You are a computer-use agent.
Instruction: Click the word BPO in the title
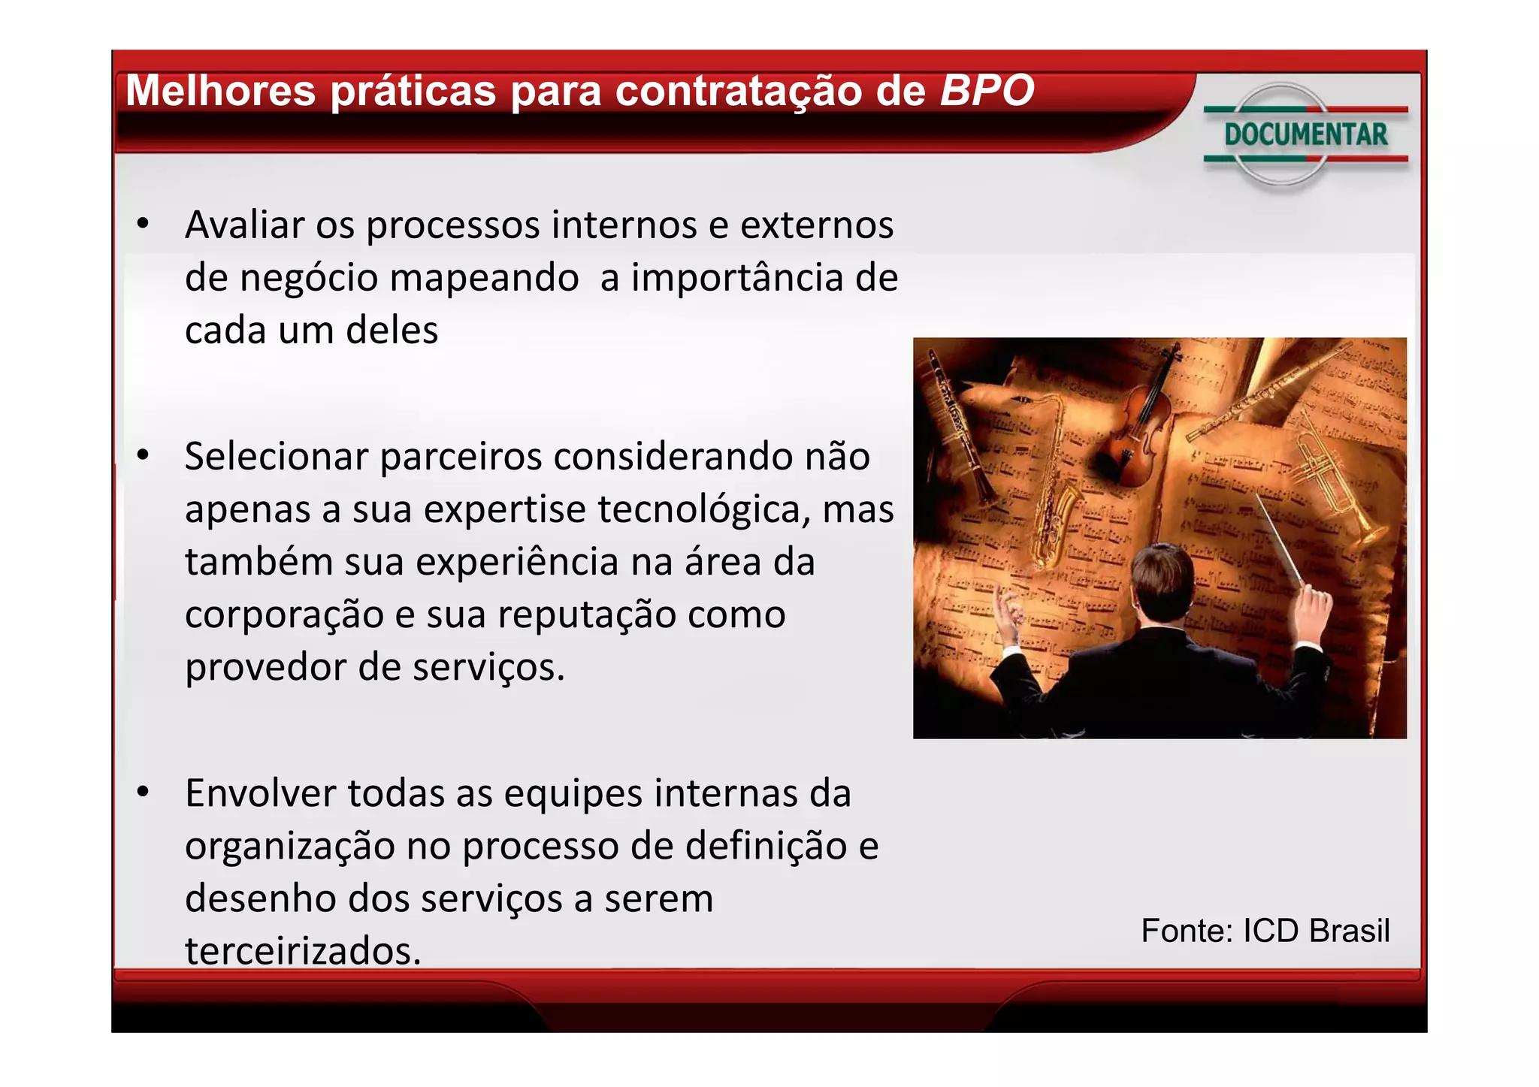coord(987,91)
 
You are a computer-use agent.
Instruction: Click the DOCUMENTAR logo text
coord(1305,135)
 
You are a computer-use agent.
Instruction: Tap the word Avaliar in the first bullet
coord(244,225)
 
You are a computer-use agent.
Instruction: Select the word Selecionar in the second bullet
coord(276,456)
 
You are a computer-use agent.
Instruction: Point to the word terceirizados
coord(302,951)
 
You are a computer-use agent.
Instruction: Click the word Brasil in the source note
coord(1349,931)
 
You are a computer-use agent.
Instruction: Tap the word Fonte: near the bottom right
coord(1187,931)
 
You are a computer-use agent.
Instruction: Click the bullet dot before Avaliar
coord(143,224)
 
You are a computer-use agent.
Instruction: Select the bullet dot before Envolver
coord(143,793)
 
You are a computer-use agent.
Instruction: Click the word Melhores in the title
coord(221,91)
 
